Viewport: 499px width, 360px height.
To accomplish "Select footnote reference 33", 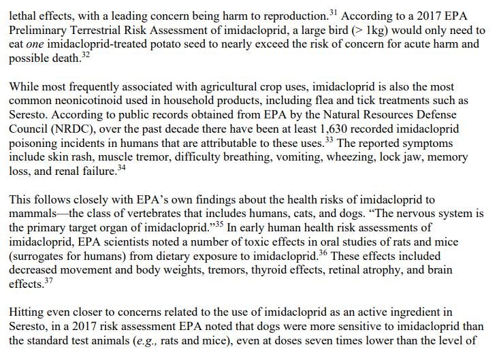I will click(330, 140).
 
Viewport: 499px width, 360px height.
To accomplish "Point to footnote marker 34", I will click(122, 169).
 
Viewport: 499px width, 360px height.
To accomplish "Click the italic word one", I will click(35, 44).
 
